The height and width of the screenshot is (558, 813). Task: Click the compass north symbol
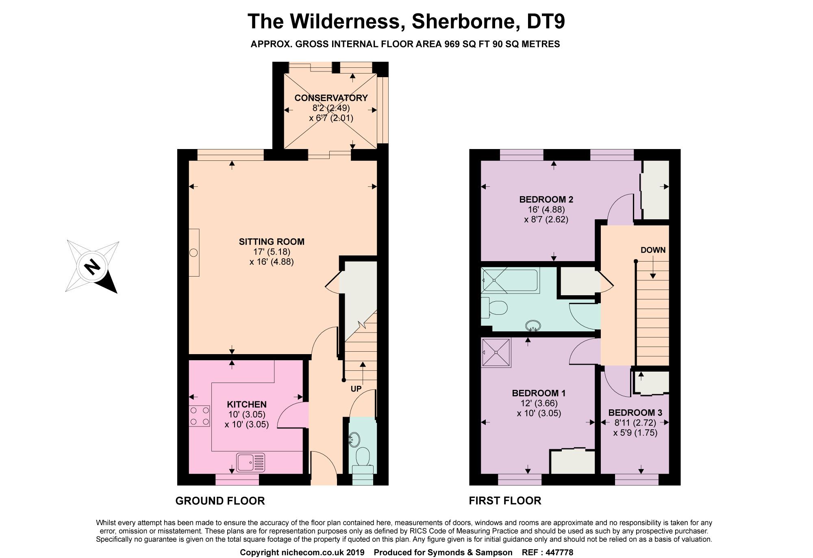click(92, 267)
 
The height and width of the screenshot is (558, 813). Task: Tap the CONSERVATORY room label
click(331, 98)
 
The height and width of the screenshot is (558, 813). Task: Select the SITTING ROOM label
click(272, 242)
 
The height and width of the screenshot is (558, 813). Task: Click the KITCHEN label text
click(247, 404)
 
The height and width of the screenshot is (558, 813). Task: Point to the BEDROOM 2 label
click(546, 199)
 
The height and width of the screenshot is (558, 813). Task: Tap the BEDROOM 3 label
click(635, 413)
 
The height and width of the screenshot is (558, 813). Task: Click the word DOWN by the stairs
click(653, 250)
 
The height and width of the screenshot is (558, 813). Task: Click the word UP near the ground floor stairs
click(356, 389)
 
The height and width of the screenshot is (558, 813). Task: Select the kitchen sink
click(250, 463)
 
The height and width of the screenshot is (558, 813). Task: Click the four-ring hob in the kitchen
click(199, 416)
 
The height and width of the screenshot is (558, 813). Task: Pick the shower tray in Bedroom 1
click(496, 353)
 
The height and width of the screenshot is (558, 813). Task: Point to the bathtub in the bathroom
click(510, 280)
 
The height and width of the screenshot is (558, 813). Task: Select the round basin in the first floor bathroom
click(533, 325)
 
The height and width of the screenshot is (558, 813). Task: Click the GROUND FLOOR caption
click(220, 501)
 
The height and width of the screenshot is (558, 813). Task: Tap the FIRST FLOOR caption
click(505, 501)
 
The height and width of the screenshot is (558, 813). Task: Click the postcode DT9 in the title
click(546, 21)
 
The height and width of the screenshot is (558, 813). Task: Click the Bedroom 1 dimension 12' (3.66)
click(539, 403)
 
